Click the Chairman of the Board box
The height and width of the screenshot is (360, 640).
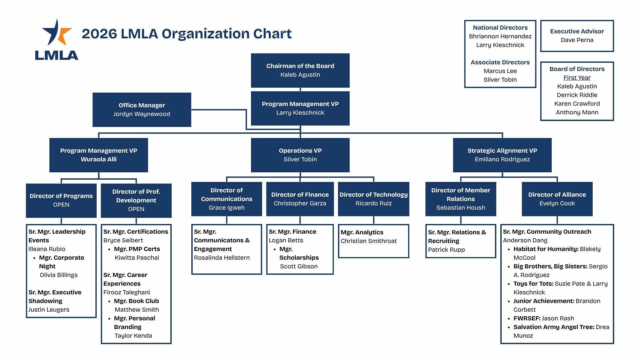(300, 70)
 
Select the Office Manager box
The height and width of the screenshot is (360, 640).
(142, 110)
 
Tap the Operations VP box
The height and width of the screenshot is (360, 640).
(300, 155)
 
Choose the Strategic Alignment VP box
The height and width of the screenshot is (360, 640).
(502, 155)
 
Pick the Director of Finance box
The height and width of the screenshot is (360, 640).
(300, 199)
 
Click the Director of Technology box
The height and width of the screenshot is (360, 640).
(374, 199)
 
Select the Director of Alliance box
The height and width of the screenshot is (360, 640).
(557, 199)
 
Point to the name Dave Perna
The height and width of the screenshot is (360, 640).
(577, 40)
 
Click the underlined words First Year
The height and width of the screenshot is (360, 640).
(577, 78)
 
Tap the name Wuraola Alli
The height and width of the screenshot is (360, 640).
(99, 159)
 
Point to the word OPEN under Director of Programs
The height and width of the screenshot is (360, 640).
(61, 205)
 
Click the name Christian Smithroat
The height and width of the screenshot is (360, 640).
(369, 241)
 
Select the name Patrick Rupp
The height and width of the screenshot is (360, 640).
(446, 250)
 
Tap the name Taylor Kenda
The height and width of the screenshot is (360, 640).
(133, 336)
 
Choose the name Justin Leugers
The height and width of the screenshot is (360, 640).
(49, 310)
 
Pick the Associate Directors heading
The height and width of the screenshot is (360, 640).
(500, 62)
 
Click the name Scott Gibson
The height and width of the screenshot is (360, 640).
(299, 266)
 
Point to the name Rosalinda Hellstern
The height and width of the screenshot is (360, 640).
(222, 258)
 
